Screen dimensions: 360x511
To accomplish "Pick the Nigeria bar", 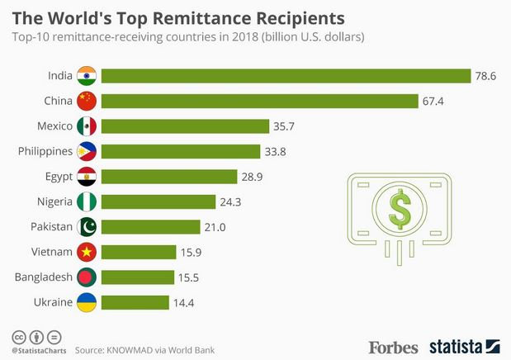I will tap(153, 201).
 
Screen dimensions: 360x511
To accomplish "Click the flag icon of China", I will tap(87, 102).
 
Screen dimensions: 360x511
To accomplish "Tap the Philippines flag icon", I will tap(87, 151).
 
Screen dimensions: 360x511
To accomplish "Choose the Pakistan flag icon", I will tap(87, 226).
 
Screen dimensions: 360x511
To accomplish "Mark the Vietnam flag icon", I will tap(87, 252).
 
